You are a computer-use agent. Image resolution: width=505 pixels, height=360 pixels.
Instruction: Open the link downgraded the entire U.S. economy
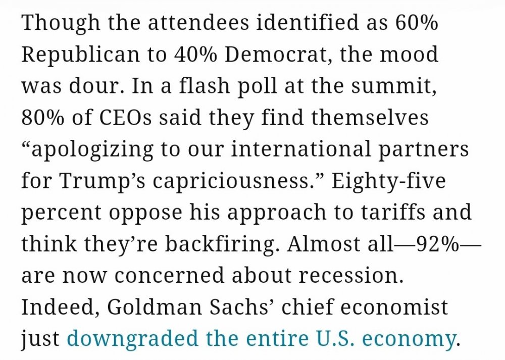[261, 339]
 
